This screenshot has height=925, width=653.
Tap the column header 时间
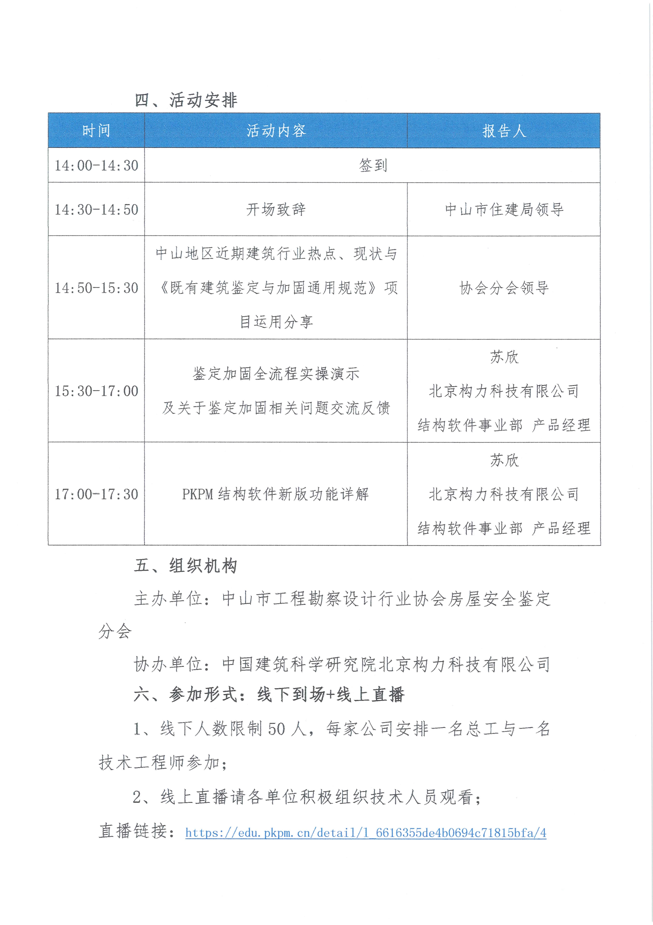[96, 131]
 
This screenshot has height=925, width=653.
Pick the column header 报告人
[504, 131]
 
